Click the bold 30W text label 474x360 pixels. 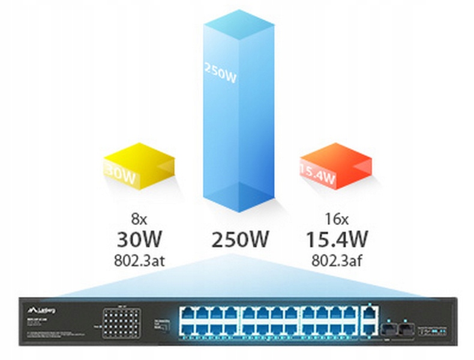tap(139, 240)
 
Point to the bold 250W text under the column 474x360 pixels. tap(239, 240)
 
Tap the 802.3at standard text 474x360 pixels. tap(139, 261)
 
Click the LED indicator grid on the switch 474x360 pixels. tap(121, 323)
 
